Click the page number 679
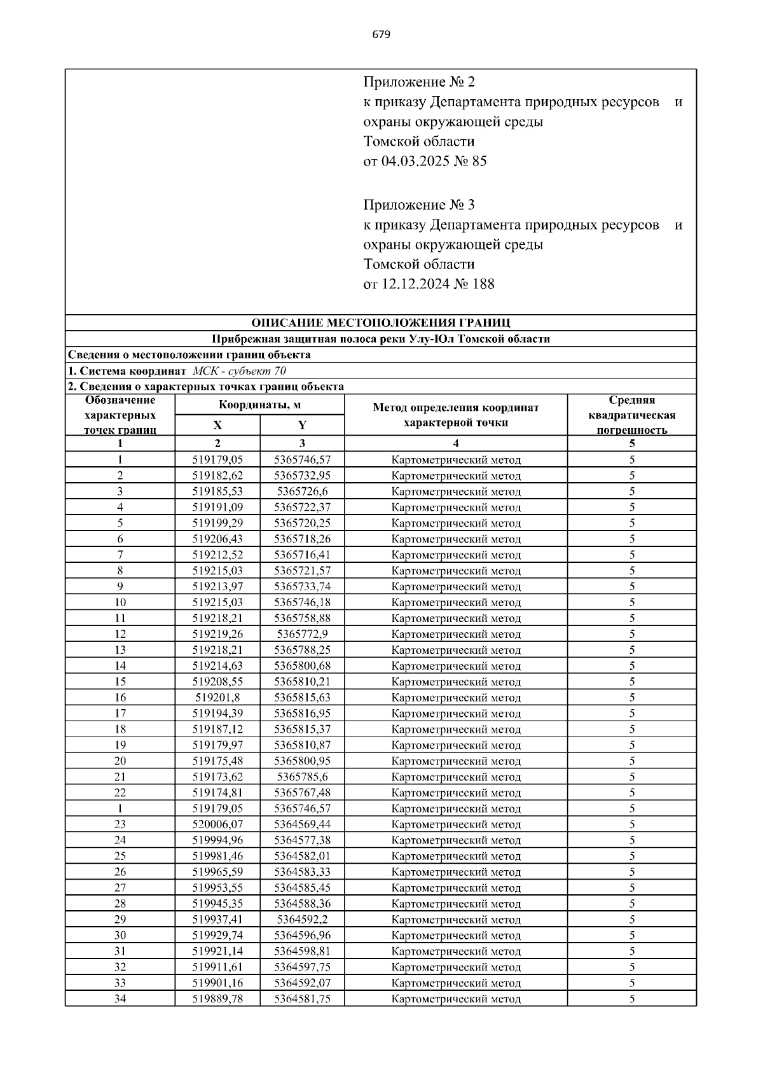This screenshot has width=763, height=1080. click(381, 34)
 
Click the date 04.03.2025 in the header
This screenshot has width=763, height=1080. click(414, 162)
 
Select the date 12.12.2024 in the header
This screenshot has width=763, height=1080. click(414, 284)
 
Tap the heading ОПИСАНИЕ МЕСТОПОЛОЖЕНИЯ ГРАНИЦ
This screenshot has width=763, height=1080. click(380, 323)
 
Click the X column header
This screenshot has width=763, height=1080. click(217, 426)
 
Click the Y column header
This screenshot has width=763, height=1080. click(302, 426)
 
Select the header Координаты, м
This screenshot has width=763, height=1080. click(259, 405)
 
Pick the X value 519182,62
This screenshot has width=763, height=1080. click(217, 476)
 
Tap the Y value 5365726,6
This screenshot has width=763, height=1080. click(302, 492)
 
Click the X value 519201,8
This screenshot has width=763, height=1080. click(217, 698)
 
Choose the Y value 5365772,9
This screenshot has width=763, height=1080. click(302, 634)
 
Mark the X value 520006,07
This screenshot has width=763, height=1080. click(217, 824)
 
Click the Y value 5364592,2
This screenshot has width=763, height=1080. click(302, 920)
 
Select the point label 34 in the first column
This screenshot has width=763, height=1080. click(120, 999)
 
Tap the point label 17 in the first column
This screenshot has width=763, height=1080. click(120, 714)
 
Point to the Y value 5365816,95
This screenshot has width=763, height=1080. click(302, 714)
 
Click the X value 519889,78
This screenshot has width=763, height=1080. click(217, 999)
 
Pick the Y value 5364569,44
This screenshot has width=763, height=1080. click(302, 824)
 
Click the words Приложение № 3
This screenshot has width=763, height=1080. click(419, 205)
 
